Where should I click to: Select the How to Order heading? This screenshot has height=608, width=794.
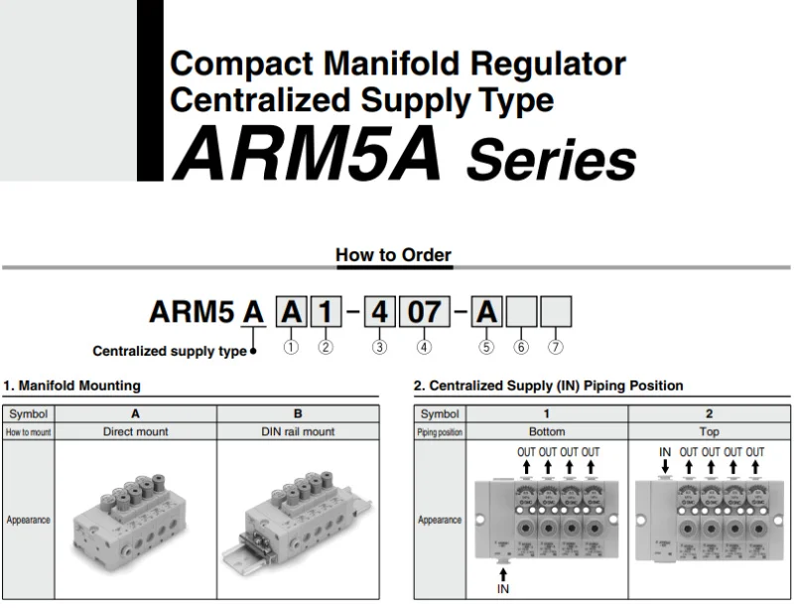[393, 254]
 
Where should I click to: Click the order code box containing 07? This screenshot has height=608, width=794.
[424, 312]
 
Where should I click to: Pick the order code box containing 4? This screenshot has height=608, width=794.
[379, 312]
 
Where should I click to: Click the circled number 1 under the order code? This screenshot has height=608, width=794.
[291, 347]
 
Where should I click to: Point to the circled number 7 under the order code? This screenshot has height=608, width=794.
[556, 347]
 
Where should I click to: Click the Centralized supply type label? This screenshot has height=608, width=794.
[170, 351]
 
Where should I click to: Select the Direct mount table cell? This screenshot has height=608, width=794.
[135, 432]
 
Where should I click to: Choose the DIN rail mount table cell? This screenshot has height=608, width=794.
[298, 432]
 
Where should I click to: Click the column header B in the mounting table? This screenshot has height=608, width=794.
[298, 413]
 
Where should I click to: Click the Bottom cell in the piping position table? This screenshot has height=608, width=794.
[547, 432]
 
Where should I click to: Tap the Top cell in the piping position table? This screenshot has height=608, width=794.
[709, 432]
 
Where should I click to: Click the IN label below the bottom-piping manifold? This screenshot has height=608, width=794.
[502, 590]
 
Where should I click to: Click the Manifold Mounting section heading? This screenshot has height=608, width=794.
[71, 385]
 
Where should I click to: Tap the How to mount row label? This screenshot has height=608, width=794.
[28, 432]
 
